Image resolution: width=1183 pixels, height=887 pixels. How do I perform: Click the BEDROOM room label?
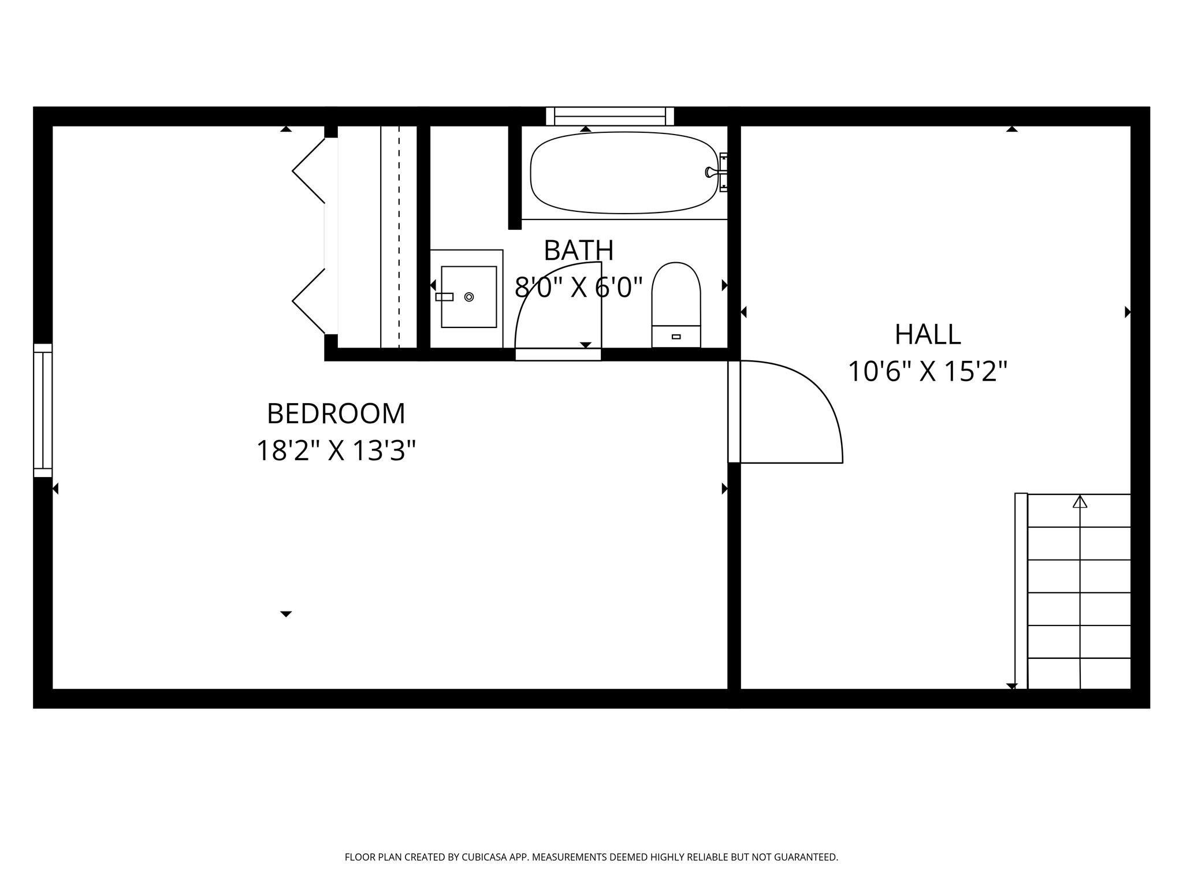[x=336, y=413]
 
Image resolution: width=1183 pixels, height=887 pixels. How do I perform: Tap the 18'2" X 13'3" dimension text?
[x=336, y=451]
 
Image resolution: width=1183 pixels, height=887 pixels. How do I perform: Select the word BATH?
[x=578, y=250]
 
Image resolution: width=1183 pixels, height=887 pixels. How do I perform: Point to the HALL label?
[x=927, y=334]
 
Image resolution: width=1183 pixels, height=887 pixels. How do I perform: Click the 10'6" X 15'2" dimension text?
[x=927, y=371]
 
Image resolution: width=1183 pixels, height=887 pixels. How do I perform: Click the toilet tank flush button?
[x=676, y=337]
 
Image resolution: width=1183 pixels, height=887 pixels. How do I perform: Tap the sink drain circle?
[x=469, y=297]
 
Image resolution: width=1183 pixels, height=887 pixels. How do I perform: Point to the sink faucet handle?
[x=444, y=297]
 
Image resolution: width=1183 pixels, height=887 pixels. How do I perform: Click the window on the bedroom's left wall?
[x=43, y=410]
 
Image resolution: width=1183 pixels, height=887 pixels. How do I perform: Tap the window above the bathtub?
[x=610, y=116]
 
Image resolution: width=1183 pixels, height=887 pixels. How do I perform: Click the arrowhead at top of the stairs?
[x=1080, y=502]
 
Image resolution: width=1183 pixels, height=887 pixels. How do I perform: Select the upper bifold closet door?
[x=309, y=171]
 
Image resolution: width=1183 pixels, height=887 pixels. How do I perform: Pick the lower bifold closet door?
[x=309, y=301]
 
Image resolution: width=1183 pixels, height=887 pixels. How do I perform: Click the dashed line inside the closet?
[x=399, y=237]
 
